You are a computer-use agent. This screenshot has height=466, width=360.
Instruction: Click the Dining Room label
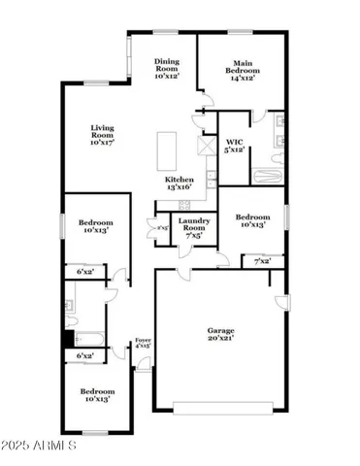coord(168,65)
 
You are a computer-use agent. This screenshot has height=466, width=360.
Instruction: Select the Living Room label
coord(104,128)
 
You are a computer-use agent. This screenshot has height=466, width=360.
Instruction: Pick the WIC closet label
coord(235,140)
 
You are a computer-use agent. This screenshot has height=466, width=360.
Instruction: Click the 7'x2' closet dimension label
coord(263,261)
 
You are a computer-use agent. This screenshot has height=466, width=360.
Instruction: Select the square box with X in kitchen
coord(205,147)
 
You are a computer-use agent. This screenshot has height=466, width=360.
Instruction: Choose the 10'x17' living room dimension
coord(104,142)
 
